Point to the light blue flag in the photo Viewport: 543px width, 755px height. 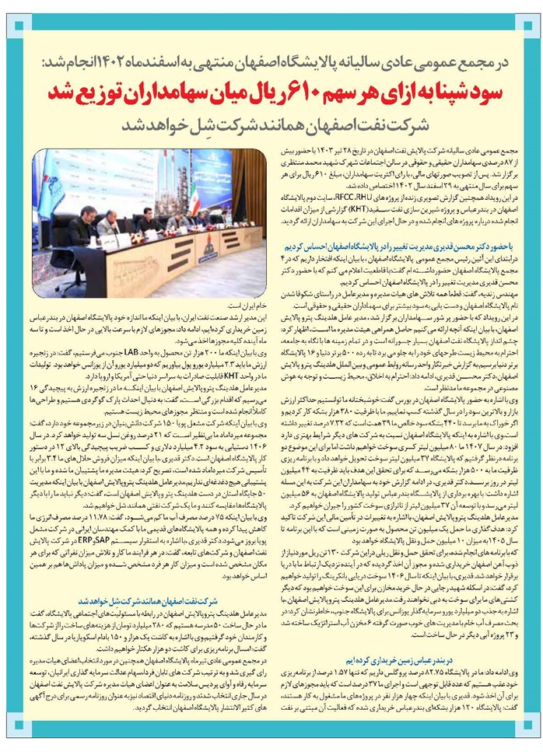(50, 187)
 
